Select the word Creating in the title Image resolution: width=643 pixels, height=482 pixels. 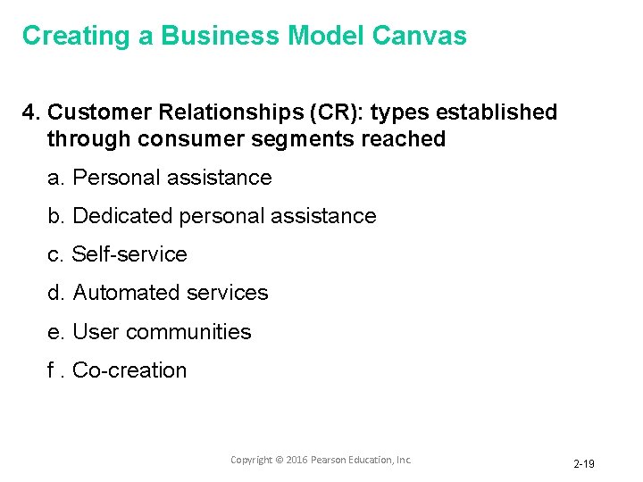click(x=76, y=36)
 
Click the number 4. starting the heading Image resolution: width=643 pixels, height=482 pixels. click(x=32, y=112)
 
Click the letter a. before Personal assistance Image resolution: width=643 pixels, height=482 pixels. click(x=55, y=178)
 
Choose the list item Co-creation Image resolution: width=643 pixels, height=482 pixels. click(x=129, y=370)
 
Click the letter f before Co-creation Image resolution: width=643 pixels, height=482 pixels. click(x=51, y=370)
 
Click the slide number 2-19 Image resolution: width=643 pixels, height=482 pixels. click(x=584, y=464)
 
